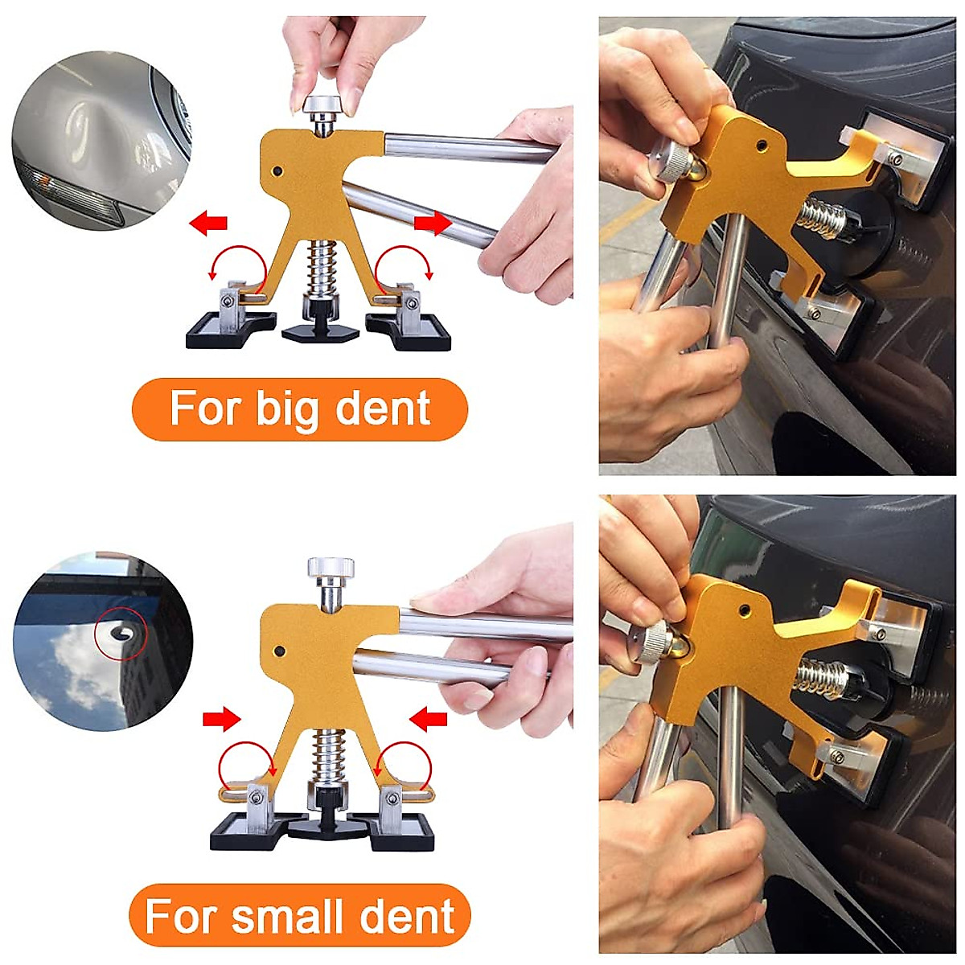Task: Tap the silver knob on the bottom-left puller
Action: (x=329, y=569)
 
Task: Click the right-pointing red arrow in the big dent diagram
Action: (x=432, y=224)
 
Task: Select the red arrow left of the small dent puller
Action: (x=222, y=718)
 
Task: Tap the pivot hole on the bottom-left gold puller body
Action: (x=281, y=649)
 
